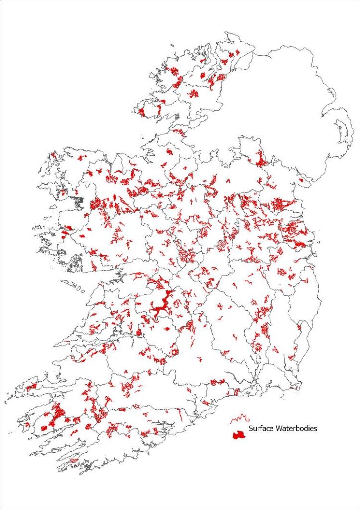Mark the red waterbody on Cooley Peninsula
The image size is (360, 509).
click(x=301, y=181)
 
